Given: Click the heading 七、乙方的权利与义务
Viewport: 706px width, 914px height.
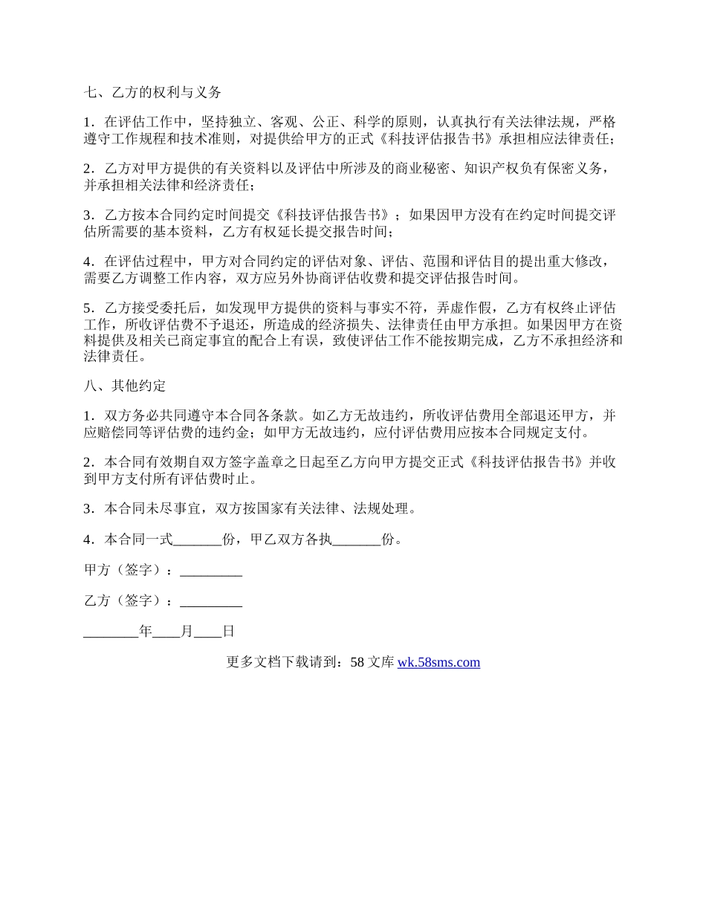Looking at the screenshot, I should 152,93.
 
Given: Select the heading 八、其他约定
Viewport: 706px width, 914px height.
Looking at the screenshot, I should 125,386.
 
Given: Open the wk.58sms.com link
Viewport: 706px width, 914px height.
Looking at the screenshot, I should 438,662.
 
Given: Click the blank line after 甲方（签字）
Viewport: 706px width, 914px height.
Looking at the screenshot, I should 211,571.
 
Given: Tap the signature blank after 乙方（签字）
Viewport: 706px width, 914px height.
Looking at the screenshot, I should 211,601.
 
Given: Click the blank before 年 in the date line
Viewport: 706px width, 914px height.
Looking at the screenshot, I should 111,632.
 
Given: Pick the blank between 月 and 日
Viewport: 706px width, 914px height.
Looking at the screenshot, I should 208,632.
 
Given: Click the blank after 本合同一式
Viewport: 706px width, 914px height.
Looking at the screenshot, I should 198,540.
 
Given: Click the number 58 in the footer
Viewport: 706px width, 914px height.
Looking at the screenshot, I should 357,662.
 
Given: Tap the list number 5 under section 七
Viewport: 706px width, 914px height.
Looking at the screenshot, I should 88,308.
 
